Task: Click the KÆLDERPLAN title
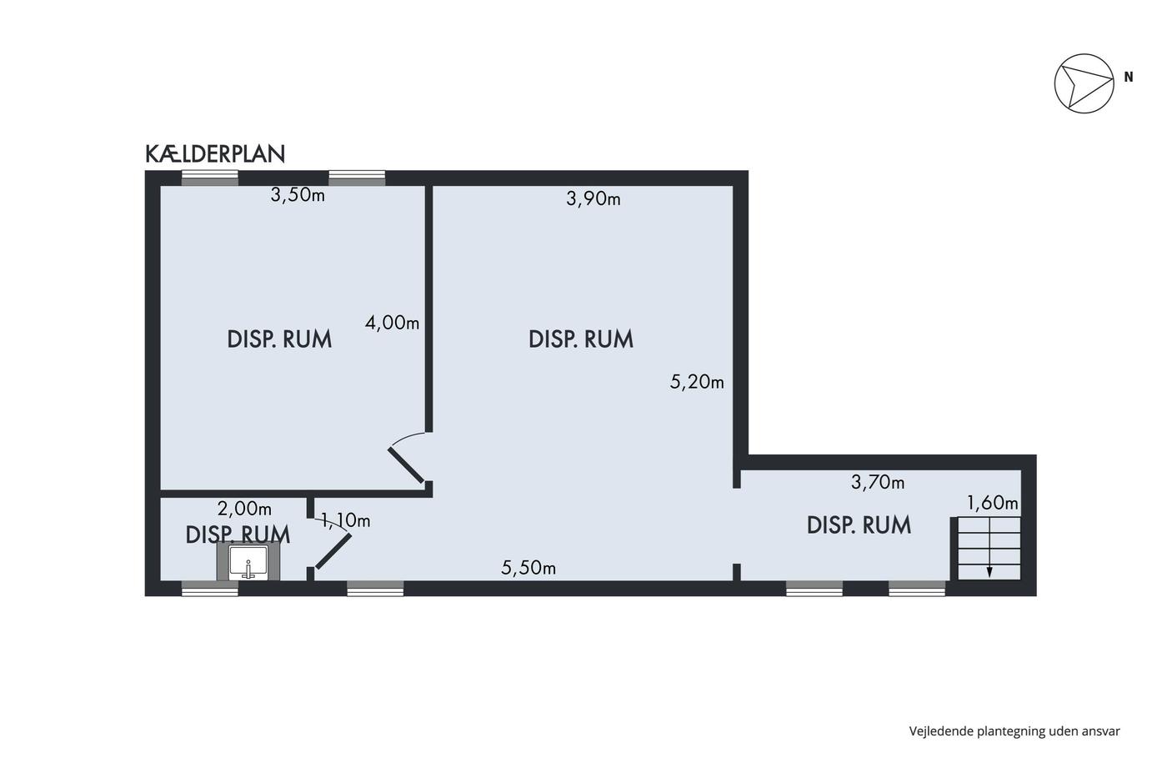pos(215,153)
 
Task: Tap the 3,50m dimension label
pos(298,195)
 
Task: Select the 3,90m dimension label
pos(594,198)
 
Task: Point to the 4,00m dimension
pos(393,323)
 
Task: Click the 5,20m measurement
pos(697,382)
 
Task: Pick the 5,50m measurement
pos(528,568)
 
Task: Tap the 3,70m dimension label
pos(878,483)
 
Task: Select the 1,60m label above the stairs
pos(993,503)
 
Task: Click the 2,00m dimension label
pos(244,508)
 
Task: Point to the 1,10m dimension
pos(345,520)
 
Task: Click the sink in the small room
pos(248,563)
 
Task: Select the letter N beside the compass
pos(1129,77)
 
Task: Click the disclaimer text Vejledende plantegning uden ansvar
pos(1014,731)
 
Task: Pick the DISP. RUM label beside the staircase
pos(859,525)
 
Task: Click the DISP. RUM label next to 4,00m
pos(279,339)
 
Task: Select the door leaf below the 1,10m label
pos(333,551)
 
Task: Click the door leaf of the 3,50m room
pos(407,465)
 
